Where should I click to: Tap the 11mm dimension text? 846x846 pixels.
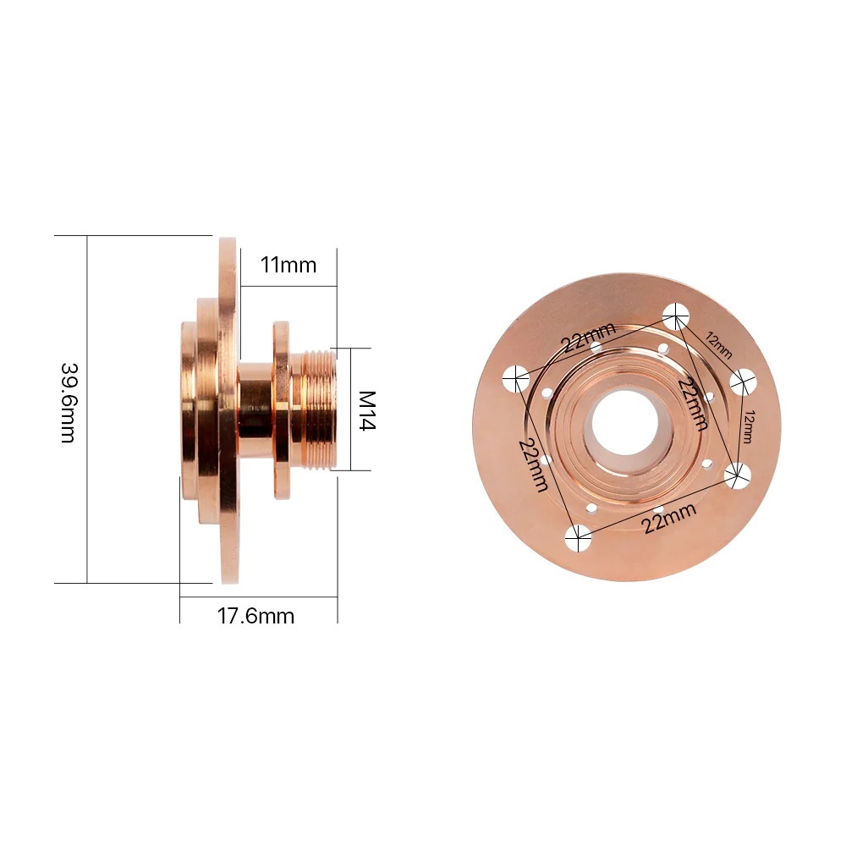click(288, 265)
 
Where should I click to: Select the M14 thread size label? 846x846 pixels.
click(366, 410)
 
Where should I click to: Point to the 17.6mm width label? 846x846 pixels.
click(256, 615)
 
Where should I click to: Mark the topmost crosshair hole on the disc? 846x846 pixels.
click(674, 316)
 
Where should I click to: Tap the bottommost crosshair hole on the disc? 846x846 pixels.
click(579, 536)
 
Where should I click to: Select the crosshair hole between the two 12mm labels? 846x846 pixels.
click(743, 382)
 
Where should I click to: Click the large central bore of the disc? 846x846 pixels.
click(625, 420)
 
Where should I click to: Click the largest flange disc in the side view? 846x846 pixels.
click(228, 410)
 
